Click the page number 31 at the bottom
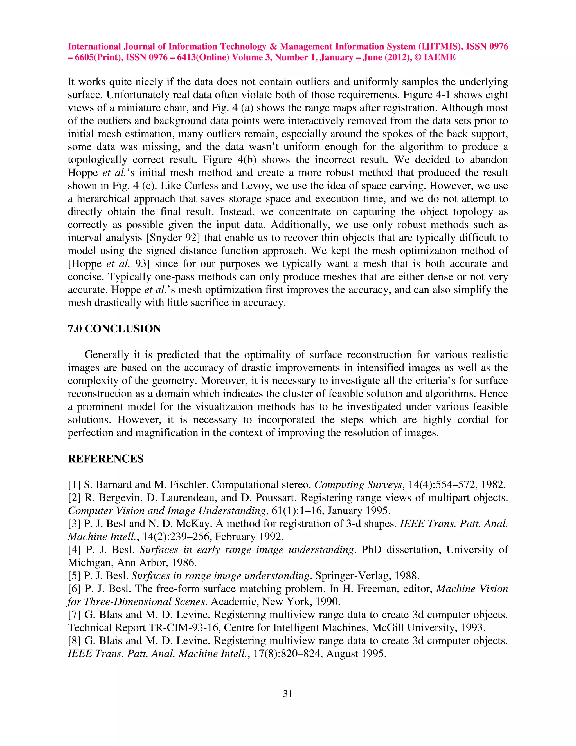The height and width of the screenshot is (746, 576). pyautogui.click(x=288, y=693)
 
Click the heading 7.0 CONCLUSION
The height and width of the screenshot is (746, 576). pyautogui.click(x=114, y=329)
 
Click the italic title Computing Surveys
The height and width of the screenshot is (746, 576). pyautogui.click(x=358, y=485)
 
